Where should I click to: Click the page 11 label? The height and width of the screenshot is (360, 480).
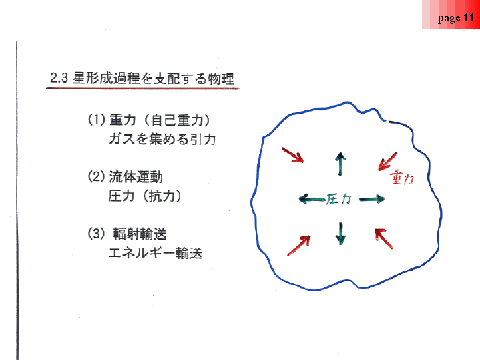pos(455,18)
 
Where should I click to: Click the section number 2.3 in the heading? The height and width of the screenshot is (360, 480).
pos(59,78)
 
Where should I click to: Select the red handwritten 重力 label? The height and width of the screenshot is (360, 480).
pos(402,178)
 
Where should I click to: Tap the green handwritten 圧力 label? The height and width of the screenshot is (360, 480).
pos(338,199)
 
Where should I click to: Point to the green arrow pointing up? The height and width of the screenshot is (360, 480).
pos(340,164)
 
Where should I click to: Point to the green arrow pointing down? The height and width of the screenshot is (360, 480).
pos(340,234)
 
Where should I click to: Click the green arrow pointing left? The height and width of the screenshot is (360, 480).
pos(312,200)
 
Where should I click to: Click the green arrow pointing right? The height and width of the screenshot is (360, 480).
pos(372,199)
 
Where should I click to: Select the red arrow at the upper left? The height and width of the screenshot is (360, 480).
pos(292,155)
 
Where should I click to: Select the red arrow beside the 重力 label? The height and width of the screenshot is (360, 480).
pos(387,162)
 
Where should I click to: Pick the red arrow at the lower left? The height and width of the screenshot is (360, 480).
pos(299,245)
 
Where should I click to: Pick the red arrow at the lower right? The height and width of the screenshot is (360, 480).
pos(383,238)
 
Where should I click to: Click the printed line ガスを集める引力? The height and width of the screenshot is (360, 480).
pos(162,139)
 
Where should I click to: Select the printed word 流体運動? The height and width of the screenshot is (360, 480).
pos(136,177)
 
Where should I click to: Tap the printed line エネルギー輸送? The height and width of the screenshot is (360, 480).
pos(156,253)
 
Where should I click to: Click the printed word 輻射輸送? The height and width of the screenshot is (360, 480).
pos(140,234)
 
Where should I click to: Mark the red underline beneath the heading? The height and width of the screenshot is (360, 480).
pos(143,89)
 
